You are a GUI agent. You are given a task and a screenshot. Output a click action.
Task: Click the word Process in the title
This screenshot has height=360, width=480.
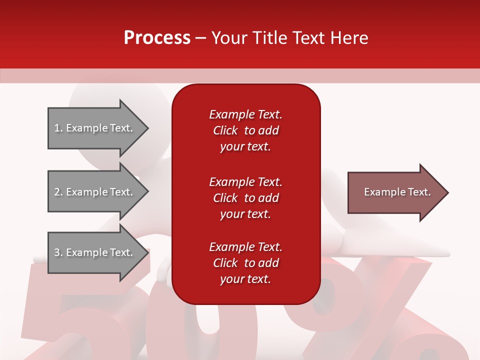coord(157,38)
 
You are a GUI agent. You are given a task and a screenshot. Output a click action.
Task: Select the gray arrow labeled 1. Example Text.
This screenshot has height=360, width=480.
coord(95,128)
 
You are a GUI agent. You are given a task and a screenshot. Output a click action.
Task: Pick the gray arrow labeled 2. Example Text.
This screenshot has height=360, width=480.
coord(95,192)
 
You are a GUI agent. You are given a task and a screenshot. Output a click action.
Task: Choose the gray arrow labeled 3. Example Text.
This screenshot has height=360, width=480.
coord(95,252)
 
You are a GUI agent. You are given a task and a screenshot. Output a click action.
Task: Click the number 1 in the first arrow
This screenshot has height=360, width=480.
coord(57,128)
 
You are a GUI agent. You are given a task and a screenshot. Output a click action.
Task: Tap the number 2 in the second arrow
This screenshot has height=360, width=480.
coord(57,192)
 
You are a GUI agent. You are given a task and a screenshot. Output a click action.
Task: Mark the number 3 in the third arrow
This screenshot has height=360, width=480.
coord(57,252)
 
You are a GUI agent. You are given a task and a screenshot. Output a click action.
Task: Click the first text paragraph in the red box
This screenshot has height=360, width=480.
coord(245,130)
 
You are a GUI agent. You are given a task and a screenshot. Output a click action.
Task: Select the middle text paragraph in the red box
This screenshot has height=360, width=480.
coord(245,198)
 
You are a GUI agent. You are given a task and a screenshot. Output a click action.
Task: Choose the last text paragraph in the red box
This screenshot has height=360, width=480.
coord(245,263)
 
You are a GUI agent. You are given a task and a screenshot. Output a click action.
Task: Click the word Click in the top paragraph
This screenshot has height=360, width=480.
coord(225,130)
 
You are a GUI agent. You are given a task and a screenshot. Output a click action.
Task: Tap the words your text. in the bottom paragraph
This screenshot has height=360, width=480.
coord(245,279)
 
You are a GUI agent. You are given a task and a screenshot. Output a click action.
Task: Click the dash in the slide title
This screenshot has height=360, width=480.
coord(200,38)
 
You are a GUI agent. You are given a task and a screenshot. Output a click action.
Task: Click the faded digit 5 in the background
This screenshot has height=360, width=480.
coord(80,320)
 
